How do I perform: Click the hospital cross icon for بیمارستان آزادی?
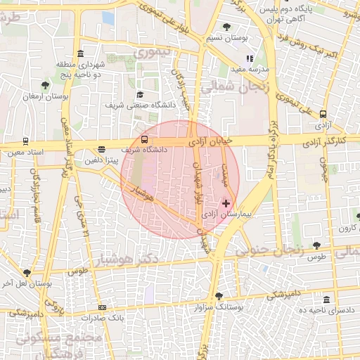[x=226, y=202]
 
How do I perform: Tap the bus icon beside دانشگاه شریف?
[x=144, y=139]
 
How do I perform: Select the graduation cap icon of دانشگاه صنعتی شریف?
[x=140, y=95]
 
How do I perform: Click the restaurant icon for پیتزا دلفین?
[x=102, y=149]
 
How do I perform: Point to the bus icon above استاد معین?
[x=26, y=141]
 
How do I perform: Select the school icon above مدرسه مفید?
[x=248, y=59]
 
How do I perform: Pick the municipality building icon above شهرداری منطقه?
[x=81, y=54]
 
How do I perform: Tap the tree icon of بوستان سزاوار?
[x=219, y=296]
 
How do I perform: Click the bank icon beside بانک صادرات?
[x=103, y=307]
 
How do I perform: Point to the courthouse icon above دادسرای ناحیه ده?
[x=326, y=299]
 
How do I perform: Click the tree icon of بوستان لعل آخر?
[x=27, y=273]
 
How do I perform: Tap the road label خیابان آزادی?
[x=210, y=141]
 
